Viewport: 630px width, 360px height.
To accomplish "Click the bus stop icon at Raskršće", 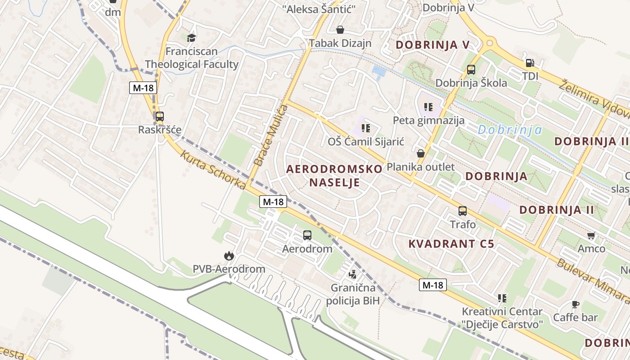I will click(159, 117).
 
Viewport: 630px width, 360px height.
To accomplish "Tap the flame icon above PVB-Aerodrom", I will click(229, 256).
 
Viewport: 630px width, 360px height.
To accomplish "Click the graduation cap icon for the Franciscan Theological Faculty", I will click(192, 38).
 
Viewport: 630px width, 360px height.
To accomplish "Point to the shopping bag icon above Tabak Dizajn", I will click(340, 30).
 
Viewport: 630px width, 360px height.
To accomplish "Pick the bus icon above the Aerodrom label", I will click(307, 235).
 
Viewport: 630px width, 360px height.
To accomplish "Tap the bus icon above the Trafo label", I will click(463, 211).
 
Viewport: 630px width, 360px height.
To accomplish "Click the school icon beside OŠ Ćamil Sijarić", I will click(366, 128).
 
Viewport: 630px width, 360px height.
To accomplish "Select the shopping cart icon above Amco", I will click(591, 235).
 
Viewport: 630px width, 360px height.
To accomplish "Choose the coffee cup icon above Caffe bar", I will click(575, 304).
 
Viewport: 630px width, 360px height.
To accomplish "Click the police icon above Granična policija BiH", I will click(353, 274).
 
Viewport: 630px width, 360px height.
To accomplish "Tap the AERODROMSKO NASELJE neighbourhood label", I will click(334, 175).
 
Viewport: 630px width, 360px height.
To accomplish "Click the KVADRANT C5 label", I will click(451, 244).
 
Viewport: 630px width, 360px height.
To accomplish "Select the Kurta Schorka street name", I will click(213, 170).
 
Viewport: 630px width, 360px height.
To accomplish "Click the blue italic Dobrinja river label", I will click(509, 130).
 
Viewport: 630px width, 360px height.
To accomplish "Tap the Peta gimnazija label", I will click(428, 120).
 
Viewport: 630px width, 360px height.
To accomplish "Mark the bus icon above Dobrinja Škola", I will click(471, 70).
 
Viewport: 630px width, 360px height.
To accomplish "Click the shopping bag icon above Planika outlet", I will click(421, 153).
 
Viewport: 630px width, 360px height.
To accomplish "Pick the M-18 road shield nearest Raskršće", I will click(143, 88).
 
